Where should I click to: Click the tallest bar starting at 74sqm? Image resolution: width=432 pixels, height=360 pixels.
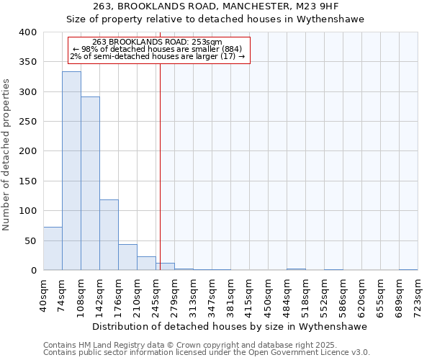pyautogui.click(x=71, y=171)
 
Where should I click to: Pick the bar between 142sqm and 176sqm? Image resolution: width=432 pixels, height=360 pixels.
pyautogui.click(x=109, y=235)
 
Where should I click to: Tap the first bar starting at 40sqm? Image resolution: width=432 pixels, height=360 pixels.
pyautogui.click(x=53, y=248)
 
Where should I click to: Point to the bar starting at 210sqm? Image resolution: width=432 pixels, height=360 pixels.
pyautogui.click(x=146, y=264)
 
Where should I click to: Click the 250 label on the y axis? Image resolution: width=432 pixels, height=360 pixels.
pyautogui.click(x=27, y=122)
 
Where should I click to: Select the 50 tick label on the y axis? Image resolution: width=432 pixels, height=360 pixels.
pyautogui.click(x=30, y=240)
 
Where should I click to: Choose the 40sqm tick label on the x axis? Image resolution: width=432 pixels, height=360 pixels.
pyautogui.click(x=44, y=296)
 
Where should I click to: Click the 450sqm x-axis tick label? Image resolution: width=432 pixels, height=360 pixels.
pyautogui.click(x=268, y=296)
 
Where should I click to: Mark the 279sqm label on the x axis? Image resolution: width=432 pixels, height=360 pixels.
pyautogui.click(x=175, y=296)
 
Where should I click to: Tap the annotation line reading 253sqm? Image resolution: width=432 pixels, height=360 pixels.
pyautogui.click(x=158, y=42)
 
